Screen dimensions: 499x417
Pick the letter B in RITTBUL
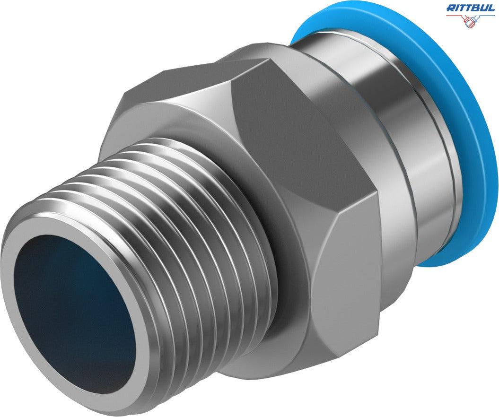tap(476, 8)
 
